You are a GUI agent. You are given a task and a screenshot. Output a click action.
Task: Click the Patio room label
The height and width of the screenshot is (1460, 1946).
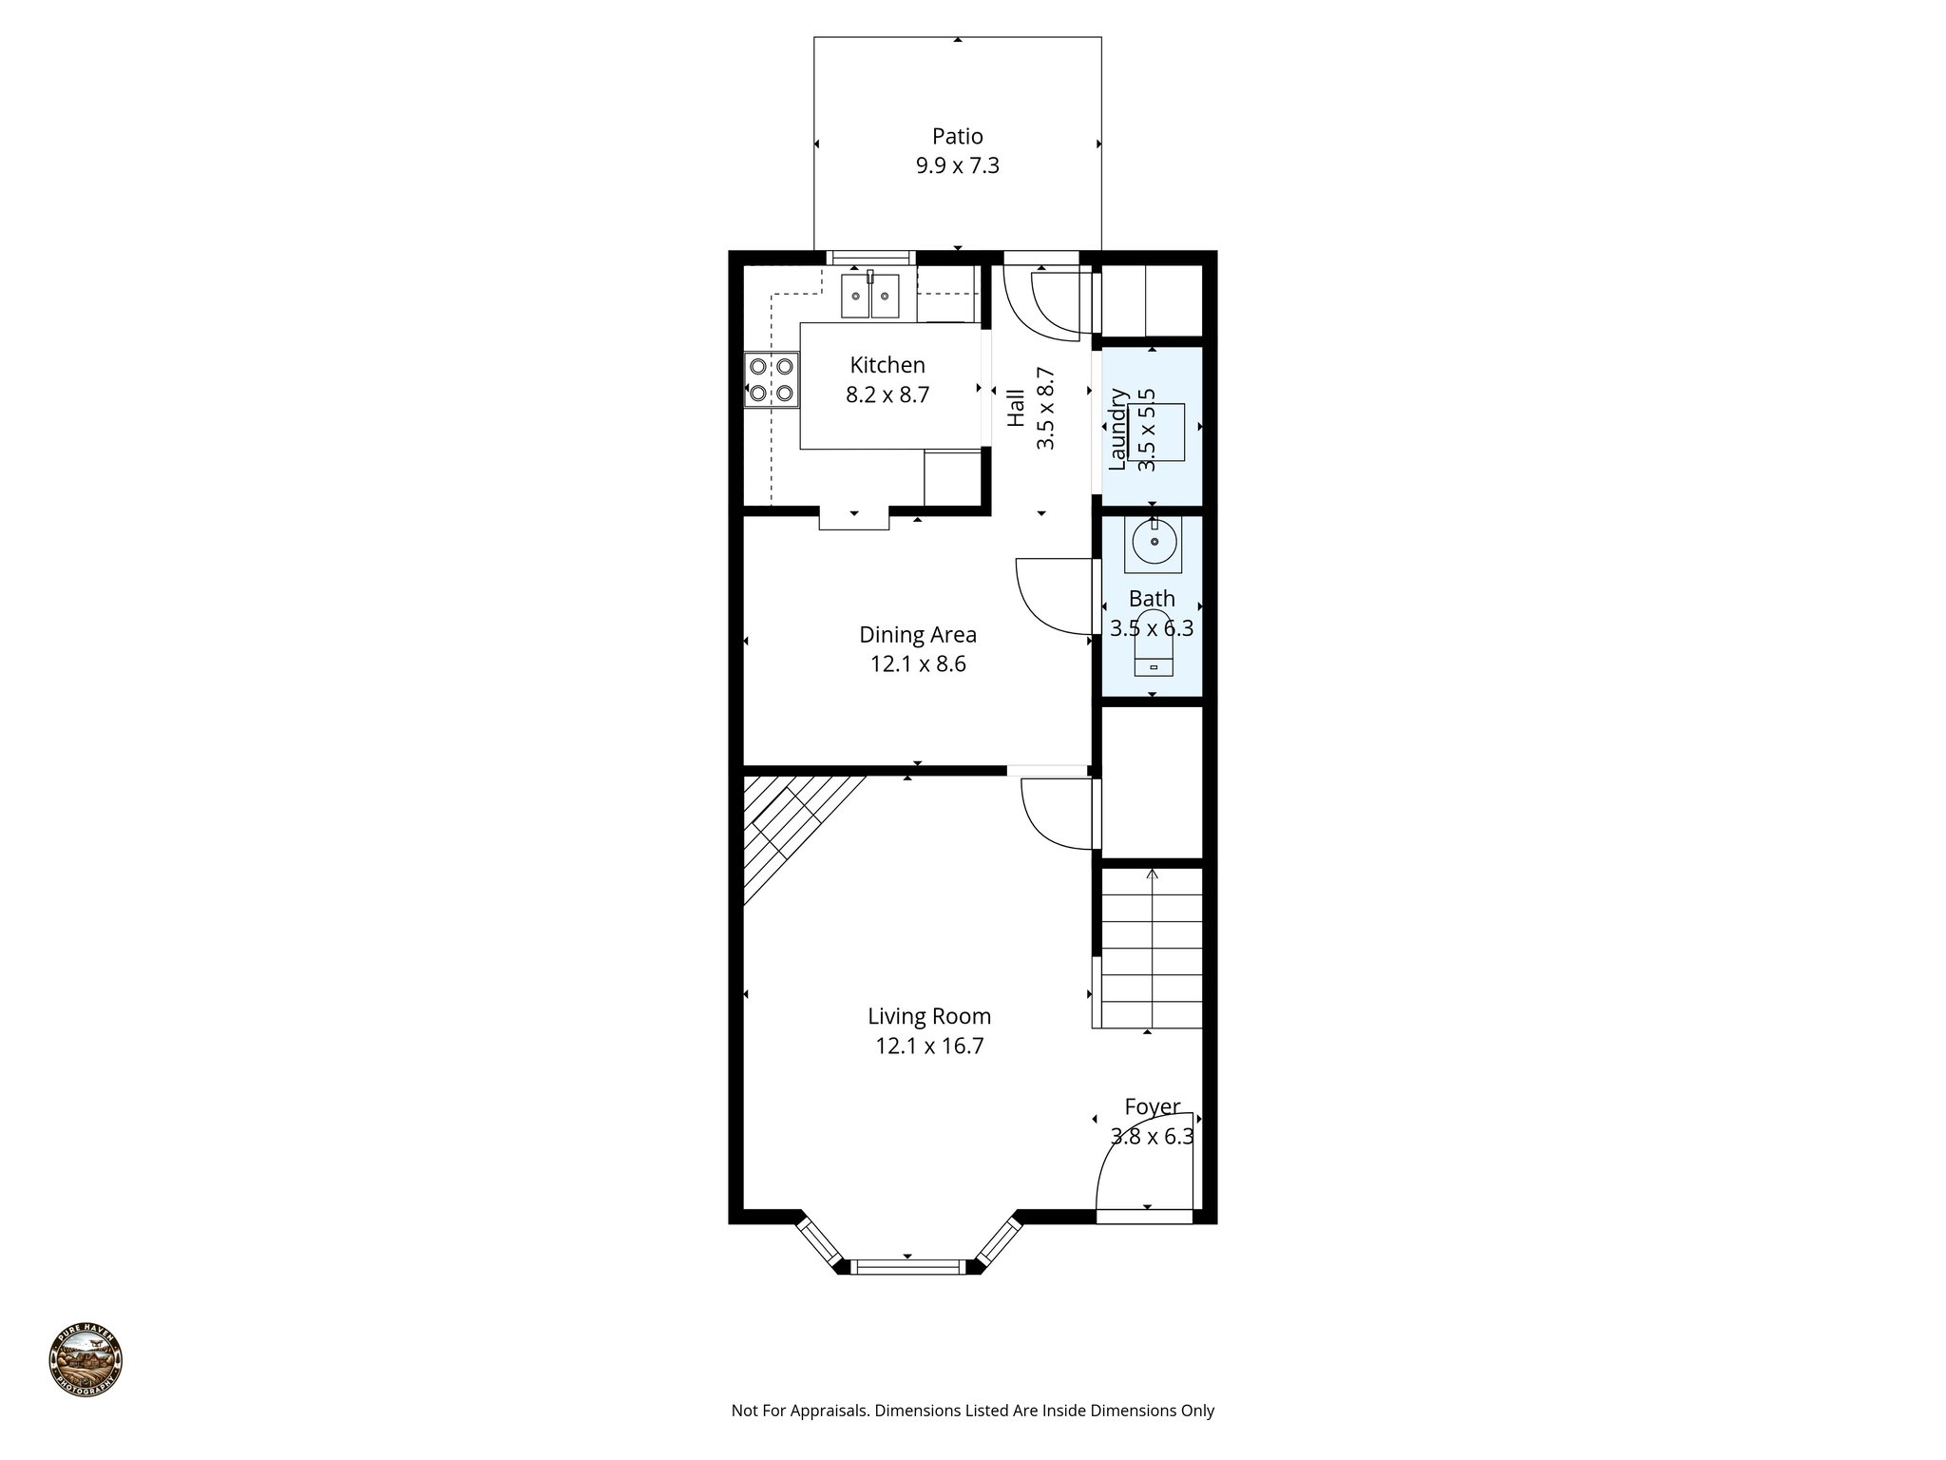tap(957, 136)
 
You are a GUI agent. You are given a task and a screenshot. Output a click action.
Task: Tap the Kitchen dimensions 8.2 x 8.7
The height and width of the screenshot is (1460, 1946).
tap(887, 394)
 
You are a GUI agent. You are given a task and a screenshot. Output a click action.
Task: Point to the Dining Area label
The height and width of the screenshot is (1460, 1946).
tap(917, 634)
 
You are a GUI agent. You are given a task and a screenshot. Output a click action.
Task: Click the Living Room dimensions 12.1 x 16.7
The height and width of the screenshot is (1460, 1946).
tap(928, 1047)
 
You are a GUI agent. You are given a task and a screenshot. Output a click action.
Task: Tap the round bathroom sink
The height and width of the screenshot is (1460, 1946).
tap(1154, 543)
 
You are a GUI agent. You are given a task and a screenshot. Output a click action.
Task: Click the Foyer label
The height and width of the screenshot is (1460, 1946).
tap(1152, 1106)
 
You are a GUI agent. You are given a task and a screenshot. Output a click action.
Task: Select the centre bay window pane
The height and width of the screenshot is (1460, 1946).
tap(906, 1266)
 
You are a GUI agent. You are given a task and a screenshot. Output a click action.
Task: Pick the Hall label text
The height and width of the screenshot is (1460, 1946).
tap(1016, 407)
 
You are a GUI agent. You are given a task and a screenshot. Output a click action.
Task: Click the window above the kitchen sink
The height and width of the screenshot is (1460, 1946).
tap(869, 258)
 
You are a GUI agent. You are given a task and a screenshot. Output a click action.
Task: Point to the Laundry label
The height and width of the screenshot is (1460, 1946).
tap(1117, 429)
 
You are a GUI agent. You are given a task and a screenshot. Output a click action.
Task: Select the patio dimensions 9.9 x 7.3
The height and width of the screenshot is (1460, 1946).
tap(957, 166)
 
